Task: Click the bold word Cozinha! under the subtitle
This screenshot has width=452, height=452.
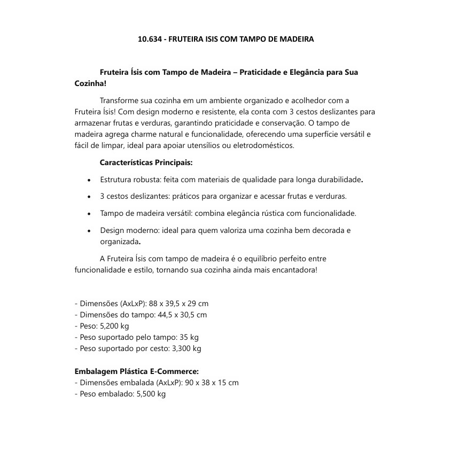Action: tap(90, 84)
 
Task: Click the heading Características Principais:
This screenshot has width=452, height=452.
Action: tap(146, 162)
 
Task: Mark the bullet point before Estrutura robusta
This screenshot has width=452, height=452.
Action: tap(89, 180)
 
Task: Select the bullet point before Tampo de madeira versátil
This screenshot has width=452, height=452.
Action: tap(89, 214)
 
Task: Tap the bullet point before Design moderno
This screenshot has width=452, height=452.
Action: tap(89, 231)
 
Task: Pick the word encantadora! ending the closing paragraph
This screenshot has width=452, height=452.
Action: tap(294, 270)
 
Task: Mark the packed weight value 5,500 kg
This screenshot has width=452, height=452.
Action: tap(151, 394)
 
